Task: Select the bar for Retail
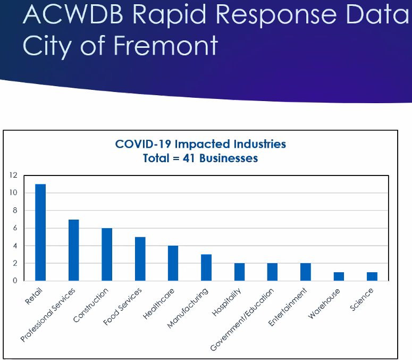[40, 232]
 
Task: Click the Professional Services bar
[73, 250]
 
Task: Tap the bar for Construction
[107, 254]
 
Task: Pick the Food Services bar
[140, 259]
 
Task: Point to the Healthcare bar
[173, 263]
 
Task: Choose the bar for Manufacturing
[206, 267]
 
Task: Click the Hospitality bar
[239, 272]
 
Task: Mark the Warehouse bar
[339, 277]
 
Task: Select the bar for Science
[372, 277]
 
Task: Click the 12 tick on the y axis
[13, 175]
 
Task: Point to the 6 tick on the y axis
[15, 228]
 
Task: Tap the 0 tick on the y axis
[15, 281]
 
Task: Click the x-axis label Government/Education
[243, 319]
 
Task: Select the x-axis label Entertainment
[288, 307]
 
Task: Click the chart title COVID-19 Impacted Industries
[200, 144]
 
